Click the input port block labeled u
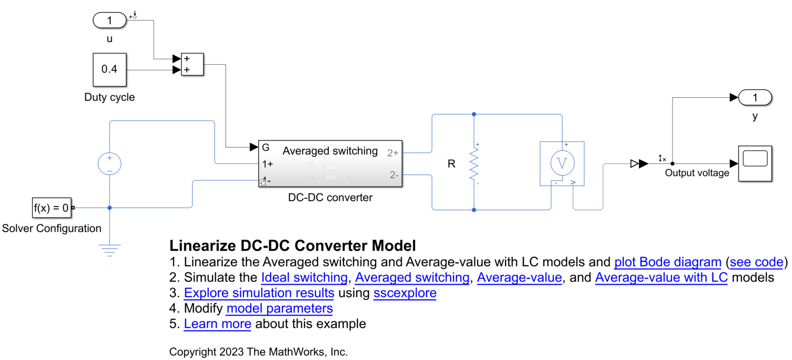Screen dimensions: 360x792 pos(110,20)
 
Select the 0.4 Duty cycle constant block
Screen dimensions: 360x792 pos(110,69)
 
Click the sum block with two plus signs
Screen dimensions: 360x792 pos(192,64)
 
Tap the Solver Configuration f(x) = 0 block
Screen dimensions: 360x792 pos(52,208)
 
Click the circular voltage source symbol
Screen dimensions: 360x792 pos(110,164)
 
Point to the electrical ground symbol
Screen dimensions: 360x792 pos(110,250)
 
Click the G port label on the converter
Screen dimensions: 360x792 pos(266,147)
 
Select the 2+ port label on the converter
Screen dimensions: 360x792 pos(393,153)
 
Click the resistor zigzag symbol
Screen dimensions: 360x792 pos(474,164)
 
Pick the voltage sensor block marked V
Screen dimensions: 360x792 pos(562,163)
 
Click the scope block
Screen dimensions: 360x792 pos(755,164)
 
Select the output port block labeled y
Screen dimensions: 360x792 pos(755,98)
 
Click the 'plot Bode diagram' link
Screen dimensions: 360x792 pos(667,262)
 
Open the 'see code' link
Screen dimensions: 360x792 pos(756,262)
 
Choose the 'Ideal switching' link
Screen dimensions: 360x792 pos(304,278)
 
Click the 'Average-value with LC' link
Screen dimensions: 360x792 pos(661,278)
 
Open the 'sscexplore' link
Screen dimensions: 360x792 pos(405,293)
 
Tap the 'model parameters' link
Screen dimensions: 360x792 pos(279,308)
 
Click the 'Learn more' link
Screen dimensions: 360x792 pos(217,324)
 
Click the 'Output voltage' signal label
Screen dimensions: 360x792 pos(697,173)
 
